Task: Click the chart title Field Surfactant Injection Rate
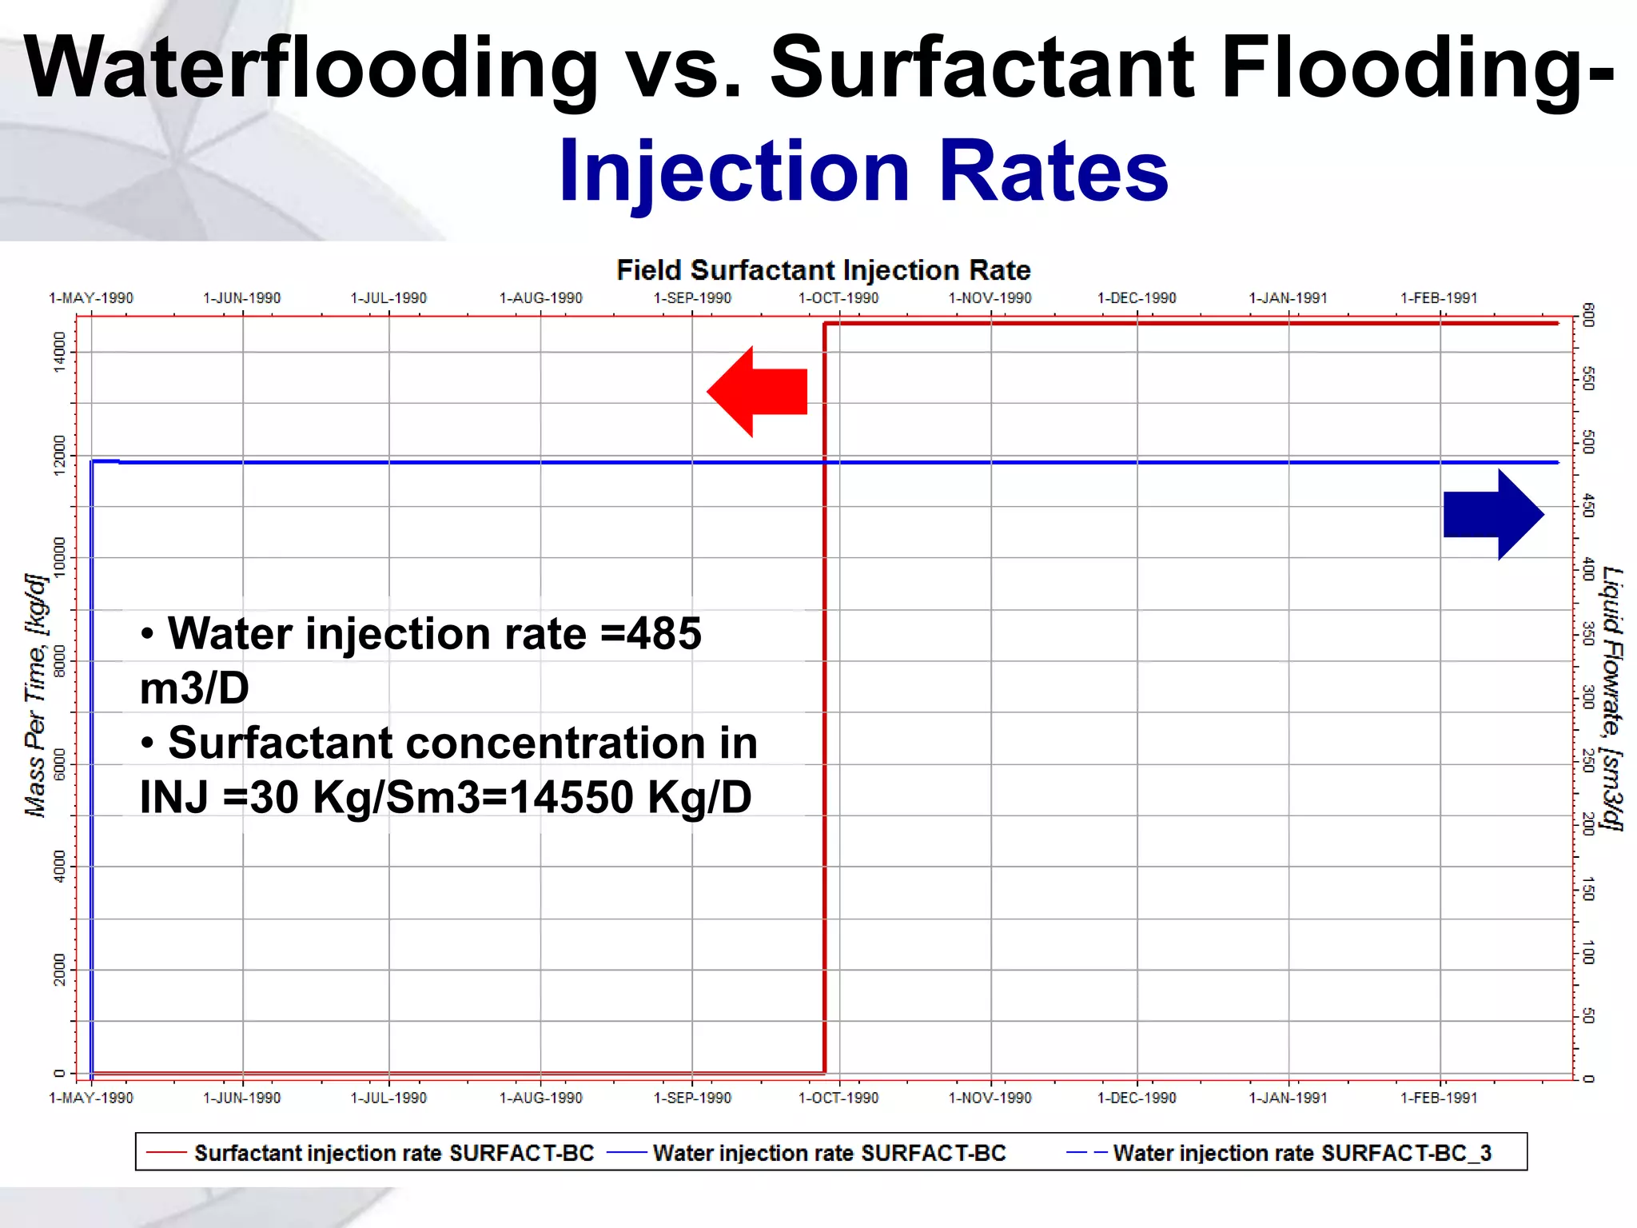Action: coord(823,270)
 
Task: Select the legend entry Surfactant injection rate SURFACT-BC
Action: coord(393,1153)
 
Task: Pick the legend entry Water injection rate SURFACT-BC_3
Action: coord(1301,1153)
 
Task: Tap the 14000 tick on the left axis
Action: coord(59,352)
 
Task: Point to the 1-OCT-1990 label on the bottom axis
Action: coord(838,1098)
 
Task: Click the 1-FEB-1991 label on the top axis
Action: coord(1439,298)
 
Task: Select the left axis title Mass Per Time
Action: coord(36,696)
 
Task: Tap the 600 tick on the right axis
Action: coord(1588,316)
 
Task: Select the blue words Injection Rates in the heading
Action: coord(863,170)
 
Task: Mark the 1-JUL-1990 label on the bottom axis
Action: coord(388,1098)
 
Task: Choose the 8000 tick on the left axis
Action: coord(59,661)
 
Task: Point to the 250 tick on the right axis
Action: coord(1588,760)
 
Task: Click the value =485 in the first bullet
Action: coord(651,634)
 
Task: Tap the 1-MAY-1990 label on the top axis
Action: coord(91,298)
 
